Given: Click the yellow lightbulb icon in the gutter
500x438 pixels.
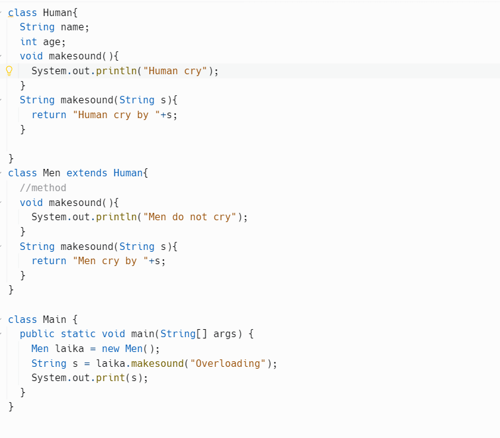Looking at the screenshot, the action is click(9, 71).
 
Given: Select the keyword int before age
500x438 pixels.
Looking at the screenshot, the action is click(28, 42).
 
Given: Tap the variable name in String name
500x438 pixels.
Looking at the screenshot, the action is click(72, 27).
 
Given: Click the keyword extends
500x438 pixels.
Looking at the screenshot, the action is click(87, 173).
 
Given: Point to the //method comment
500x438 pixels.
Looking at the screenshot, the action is click(43, 188).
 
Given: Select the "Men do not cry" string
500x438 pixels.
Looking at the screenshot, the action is click(190, 217).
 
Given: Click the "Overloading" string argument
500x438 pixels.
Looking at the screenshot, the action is click(228, 363).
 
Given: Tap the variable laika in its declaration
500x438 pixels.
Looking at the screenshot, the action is click(69, 349).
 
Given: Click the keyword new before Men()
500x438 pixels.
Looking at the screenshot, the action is click(110, 349).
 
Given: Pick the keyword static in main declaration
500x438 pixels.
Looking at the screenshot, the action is click(78, 334).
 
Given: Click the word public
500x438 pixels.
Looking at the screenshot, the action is click(37, 334).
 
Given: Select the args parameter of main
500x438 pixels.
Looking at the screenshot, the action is click(225, 334).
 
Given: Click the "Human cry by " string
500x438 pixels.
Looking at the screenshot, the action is click(116, 115).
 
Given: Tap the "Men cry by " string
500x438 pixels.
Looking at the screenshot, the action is click(111, 261).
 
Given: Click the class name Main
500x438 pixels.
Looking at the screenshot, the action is click(54, 319).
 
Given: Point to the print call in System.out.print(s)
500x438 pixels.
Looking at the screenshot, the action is click(110, 378).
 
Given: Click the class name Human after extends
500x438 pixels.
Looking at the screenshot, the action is click(128, 173).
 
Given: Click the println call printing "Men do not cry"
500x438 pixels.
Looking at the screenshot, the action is click(116, 217).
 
